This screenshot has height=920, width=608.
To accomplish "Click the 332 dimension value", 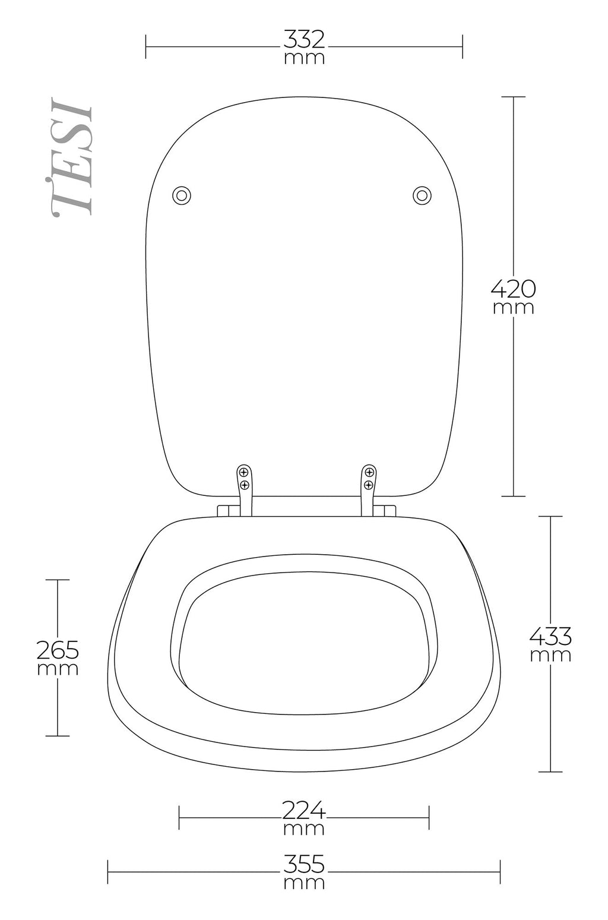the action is (x=304, y=40).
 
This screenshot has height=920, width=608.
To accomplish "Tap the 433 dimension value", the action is (x=550, y=637).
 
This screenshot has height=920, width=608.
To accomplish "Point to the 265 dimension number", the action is (x=58, y=650).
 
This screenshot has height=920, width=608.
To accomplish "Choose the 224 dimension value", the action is (x=304, y=810).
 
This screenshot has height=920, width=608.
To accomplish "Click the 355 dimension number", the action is (x=304, y=864).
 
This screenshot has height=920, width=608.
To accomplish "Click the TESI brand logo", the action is (x=71, y=156).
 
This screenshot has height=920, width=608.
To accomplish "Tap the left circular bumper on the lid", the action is (x=182, y=195).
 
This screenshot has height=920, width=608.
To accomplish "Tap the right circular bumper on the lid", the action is (x=422, y=195).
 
